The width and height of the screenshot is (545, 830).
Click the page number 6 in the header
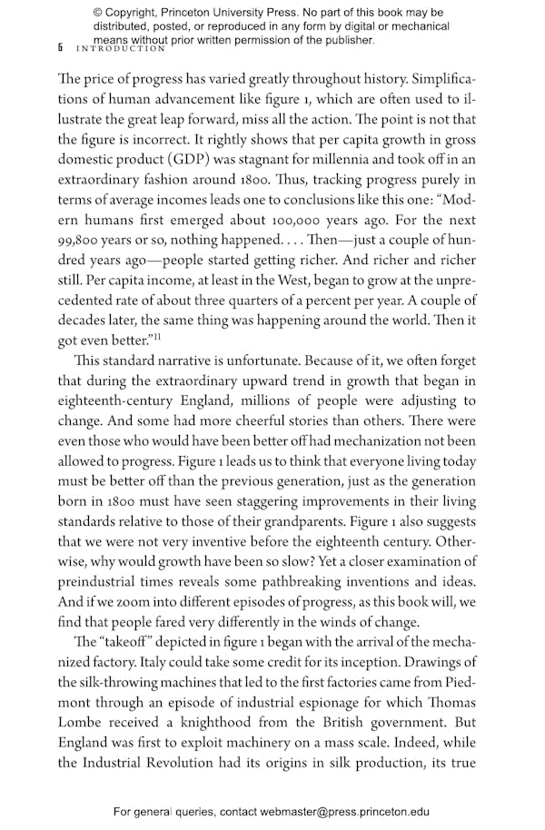pyautogui.click(x=60, y=47)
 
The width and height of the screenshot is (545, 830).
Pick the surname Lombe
pyautogui.click(x=84, y=732)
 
